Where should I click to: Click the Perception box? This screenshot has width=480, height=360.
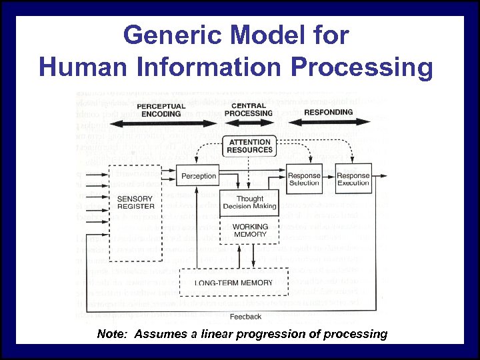tap(199, 176)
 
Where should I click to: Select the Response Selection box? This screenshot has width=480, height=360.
tap(304, 179)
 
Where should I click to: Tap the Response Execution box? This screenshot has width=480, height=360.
tap(353, 179)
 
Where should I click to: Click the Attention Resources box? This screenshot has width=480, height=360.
tap(250, 146)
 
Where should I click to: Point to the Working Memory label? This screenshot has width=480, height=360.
tap(250, 231)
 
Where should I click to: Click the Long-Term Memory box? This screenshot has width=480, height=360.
tap(233, 283)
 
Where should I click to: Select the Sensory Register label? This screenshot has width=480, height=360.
tap(135, 203)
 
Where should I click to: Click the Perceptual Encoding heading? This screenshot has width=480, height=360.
tap(161, 110)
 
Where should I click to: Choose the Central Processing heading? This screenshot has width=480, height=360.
tap(249, 109)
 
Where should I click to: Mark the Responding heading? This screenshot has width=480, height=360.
tap(328, 112)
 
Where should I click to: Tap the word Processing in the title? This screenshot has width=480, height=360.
tap(356, 67)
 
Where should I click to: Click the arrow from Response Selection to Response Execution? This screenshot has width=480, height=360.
tap(329, 179)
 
